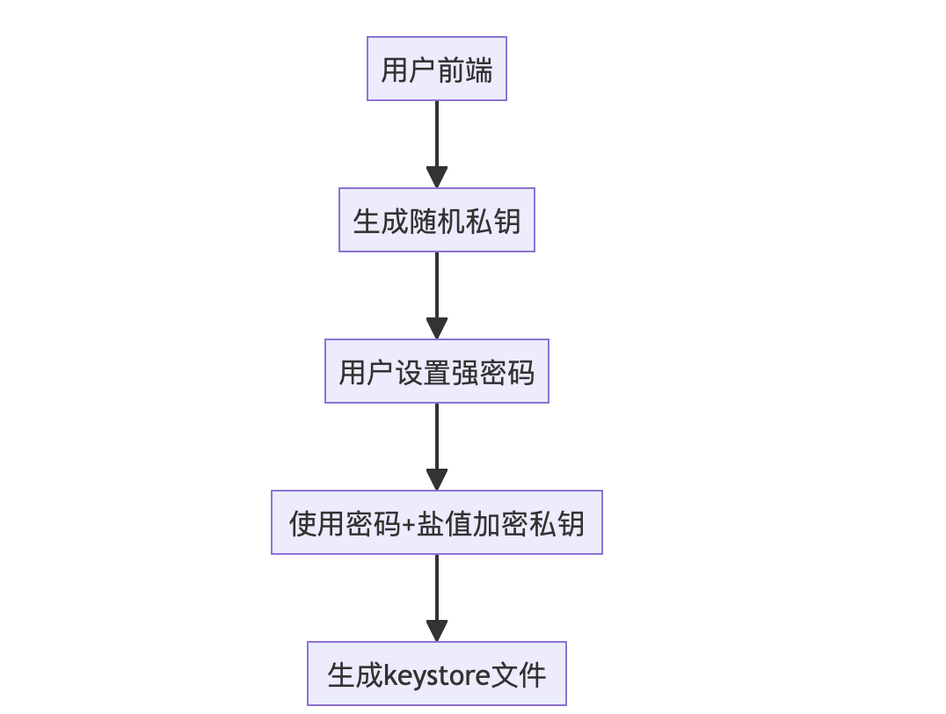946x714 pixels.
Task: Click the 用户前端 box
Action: coord(437,69)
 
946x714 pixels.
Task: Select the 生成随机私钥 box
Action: coord(437,220)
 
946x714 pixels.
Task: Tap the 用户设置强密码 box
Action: coord(437,371)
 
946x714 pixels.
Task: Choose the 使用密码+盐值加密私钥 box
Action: coord(437,522)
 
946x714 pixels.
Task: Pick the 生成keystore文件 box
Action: coord(437,674)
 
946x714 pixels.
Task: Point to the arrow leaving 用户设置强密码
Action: coord(437,439)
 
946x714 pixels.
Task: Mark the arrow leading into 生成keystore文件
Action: coord(437,590)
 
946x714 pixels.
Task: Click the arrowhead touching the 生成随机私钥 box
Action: coord(437,177)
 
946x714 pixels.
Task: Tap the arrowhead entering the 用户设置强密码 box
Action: coord(437,329)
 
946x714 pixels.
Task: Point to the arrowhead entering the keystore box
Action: coord(437,630)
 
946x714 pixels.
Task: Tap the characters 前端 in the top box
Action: coord(465,69)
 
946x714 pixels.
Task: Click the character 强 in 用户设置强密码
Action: coord(465,372)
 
